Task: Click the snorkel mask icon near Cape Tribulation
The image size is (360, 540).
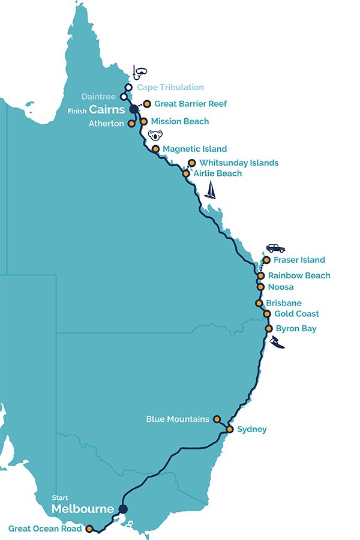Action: (x=140, y=73)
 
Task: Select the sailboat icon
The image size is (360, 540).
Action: (x=210, y=190)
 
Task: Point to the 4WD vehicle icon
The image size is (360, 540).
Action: (x=275, y=248)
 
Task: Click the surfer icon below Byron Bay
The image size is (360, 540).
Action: (x=277, y=343)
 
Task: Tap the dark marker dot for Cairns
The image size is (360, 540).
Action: (x=134, y=109)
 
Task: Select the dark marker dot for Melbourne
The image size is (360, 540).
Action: (x=123, y=509)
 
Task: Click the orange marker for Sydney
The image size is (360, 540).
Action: (x=230, y=429)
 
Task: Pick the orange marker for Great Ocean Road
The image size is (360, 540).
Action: (x=90, y=529)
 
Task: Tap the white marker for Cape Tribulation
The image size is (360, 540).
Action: (x=128, y=87)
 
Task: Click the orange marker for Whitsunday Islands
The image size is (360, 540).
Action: (x=191, y=162)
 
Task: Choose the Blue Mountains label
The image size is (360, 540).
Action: (x=178, y=419)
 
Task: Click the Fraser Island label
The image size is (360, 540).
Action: (x=299, y=260)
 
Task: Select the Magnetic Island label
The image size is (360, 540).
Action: (x=194, y=148)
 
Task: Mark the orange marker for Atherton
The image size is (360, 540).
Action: (x=131, y=124)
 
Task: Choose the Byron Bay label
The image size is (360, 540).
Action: (x=296, y=328)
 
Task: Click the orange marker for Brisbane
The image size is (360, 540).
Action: (x=259, y=303)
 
